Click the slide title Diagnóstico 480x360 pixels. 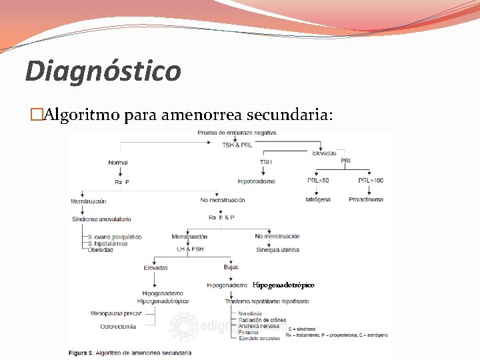[x=103, y=71]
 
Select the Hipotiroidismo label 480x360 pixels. [x=256, y=181]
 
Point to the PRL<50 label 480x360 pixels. [x=318, y=181]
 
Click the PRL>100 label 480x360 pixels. [x=371, y=181]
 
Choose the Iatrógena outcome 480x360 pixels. [x=318, y=199]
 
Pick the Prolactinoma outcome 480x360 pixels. [x=366, y=199]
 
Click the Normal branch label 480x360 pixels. [x=117, y=163]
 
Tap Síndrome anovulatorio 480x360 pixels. [x=101, y=219]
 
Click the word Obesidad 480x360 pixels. [x=100, y=249]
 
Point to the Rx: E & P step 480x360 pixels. [x=222, y=218]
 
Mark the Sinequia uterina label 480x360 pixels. [x=277, y=250]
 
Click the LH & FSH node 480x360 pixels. [x=189, y=249]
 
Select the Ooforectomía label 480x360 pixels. [x=119, y=326]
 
